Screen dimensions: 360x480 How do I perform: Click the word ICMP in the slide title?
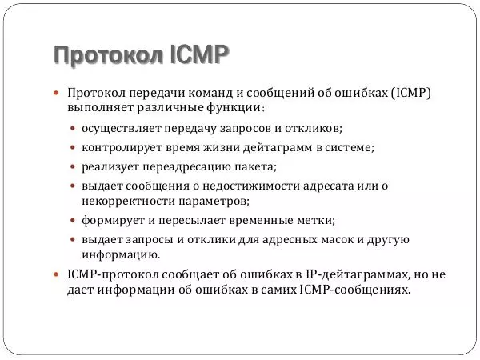click(199, 55)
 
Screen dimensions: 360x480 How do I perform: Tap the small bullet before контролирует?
click(74, 148)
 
